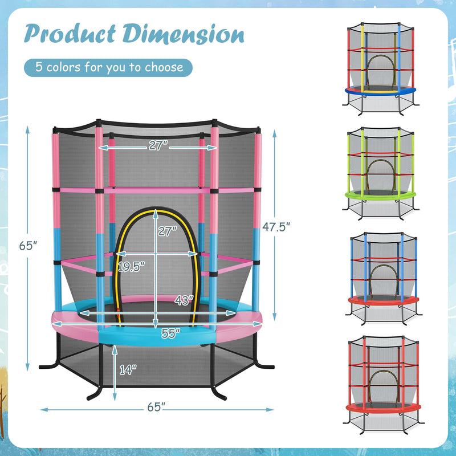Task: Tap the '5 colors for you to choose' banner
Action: (x=108, y=67)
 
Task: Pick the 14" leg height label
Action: (x=129, y=369)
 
